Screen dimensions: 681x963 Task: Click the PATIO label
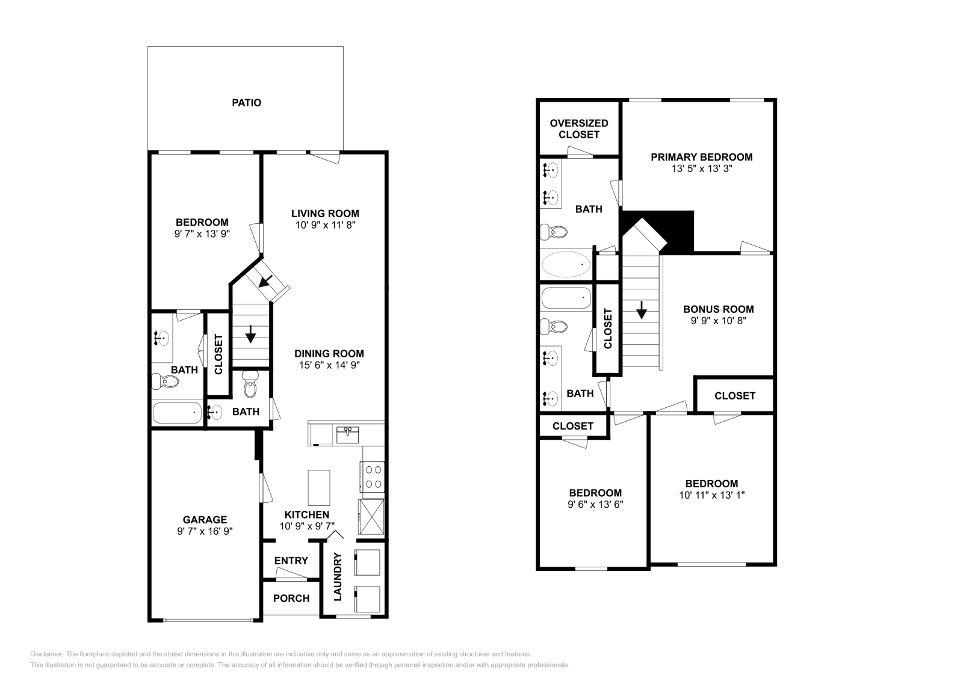point(247,103)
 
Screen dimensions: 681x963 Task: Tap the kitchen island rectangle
point(318,488)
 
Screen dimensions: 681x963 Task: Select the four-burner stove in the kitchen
point(372,476)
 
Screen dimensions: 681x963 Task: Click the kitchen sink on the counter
point(348,435)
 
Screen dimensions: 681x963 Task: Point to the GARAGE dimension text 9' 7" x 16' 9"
point(205,531)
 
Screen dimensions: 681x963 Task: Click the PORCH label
point(291,599)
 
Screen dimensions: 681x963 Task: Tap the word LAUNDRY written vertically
point(338,576)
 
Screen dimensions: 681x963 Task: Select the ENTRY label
point(291,561)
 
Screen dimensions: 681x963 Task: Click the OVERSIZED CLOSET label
point(579,129)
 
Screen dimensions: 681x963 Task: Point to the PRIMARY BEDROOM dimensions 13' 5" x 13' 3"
point(702,169)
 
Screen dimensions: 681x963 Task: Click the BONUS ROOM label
point(718,309)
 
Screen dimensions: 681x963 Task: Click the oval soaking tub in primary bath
point(566,265)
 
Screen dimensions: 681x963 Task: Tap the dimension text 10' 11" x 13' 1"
point(711,495)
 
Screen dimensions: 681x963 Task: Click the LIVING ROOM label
point(325,214)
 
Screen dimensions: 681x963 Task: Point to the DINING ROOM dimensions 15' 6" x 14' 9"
point(329,365)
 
